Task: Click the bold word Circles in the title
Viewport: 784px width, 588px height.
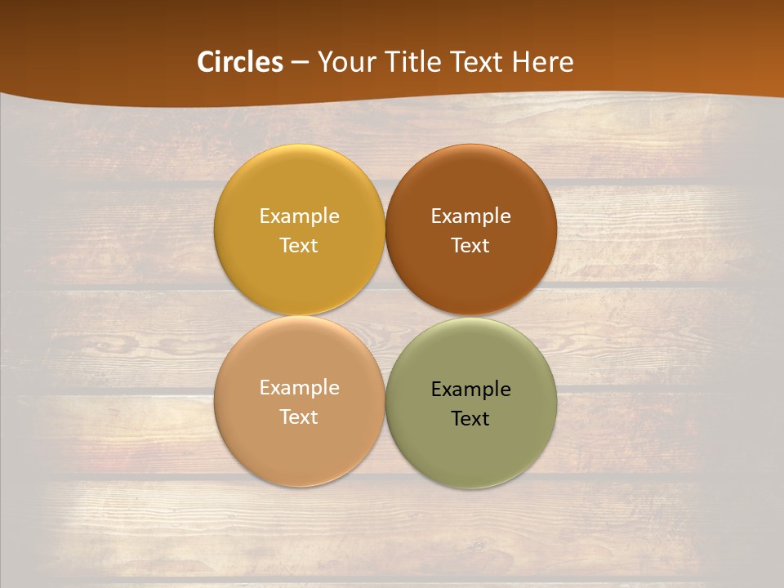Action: [240, 62]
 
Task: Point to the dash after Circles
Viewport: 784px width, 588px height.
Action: [300, 63]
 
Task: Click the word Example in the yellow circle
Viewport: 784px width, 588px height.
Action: [299, 216]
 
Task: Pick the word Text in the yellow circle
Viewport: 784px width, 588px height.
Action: [299, 246]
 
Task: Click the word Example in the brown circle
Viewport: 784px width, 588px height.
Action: [471, 216]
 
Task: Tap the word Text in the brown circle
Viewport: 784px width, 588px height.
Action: [471, 246]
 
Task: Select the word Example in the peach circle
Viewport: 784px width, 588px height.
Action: [299, 388]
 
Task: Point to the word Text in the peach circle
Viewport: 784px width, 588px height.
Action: [299, 417]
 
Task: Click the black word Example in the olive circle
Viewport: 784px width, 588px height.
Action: [471, 390]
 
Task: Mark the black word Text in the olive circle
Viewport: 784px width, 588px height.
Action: [471, 419]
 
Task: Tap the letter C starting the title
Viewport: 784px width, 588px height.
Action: [206, 62]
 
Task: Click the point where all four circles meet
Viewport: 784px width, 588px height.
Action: [385, 316]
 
